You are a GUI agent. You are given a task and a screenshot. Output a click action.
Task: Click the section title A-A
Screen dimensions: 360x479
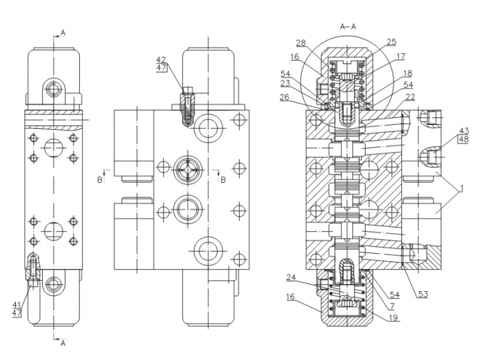pyautogui.click(x=348, y=26)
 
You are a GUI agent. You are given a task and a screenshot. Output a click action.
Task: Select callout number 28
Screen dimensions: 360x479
pyautogui.click(x=301, y=43)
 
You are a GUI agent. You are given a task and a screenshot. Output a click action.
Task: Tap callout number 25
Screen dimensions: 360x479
pyautogui.click(x=391, y=41)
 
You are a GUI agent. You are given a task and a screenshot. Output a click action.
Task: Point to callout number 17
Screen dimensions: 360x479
pyautogui.click(x=400, y=57)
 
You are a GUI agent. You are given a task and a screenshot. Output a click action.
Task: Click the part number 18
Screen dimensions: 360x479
pyautogui.click(x=407, y=73)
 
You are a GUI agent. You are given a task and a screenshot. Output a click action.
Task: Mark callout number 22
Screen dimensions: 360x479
pyautogui.click(x=410, y=97)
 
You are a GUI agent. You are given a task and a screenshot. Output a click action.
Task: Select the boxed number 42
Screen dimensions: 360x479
pyautogui.click(x=161, y=59)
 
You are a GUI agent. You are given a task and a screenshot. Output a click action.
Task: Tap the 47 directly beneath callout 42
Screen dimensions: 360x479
pyautogui.click(x=161, y=68)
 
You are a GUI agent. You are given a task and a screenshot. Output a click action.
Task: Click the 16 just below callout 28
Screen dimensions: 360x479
pyautogui.click(x=295, y=57)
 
